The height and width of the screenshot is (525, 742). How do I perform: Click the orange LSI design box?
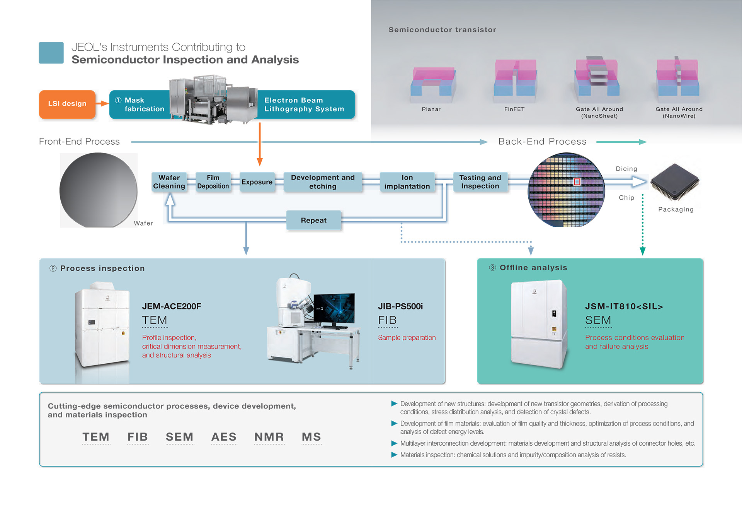[x=67, y=104]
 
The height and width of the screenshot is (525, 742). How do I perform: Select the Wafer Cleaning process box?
[x=169, y=182]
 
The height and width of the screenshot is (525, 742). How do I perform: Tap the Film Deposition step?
[x=213, y=182]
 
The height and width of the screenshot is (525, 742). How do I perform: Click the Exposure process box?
[x=257, y=182]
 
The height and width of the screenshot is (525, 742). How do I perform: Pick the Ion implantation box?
[x=407, y=182]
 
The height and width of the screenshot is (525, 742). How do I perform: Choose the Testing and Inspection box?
[x=480, y=182]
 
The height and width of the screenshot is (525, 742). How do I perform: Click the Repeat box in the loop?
[x=313, y=220]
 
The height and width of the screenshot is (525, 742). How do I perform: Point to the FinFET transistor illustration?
[x=515, y=79]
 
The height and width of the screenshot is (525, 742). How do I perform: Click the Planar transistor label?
[x=431, y=109]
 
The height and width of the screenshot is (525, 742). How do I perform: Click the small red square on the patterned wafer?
[x=577, y=182]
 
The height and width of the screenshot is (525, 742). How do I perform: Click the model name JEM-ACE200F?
[x=172, y=306]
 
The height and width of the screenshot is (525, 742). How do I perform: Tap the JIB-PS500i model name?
[x=400, y=306]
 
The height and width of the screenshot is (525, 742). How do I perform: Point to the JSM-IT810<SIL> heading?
[x=624, y=306]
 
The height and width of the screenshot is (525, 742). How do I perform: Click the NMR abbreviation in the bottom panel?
[x=269, y=437]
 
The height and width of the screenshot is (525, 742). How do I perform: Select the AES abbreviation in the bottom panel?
[x=224, y=437]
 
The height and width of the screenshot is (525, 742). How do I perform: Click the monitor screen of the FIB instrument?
[x=334, y=308]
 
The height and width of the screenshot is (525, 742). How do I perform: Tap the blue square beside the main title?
[x=51, y=53]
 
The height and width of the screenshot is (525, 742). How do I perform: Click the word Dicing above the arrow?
[x=626, y=169]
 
